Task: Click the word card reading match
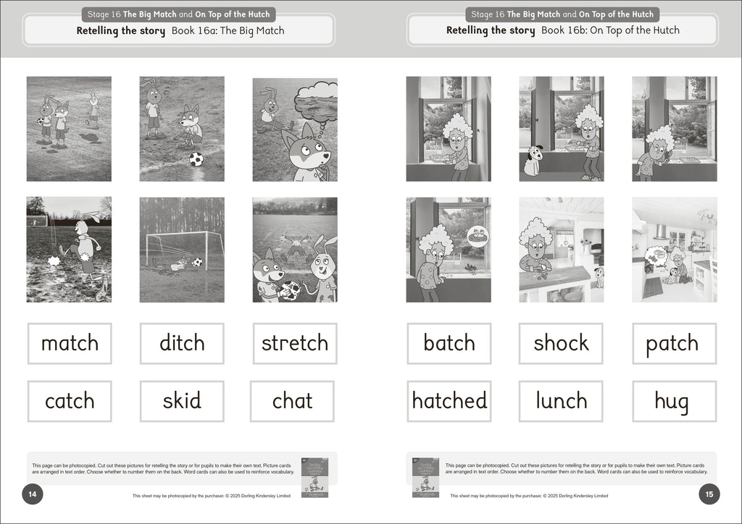[70, 343]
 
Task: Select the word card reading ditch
[182, 343]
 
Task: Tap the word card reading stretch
[294, 343]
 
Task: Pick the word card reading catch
[70, 401]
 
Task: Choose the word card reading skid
[182, 401]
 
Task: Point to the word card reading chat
[292, 401]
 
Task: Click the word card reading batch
[449, 343]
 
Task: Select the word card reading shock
[561, 343]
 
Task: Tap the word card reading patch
[674, 343]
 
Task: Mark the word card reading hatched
[449, 401]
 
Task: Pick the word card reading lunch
[561, 401]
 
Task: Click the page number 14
[33, 494]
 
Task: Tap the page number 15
[709, 494]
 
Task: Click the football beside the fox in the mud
[196, 159]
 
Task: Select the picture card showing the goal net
[182, 250]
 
